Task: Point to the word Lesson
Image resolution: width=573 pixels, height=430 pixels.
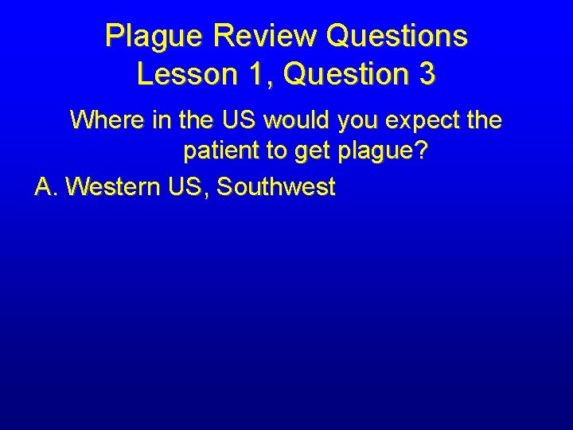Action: pos(186,74)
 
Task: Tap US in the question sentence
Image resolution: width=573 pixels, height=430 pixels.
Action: pos(239,120)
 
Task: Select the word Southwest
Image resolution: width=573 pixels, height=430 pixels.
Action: pos(276,187)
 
